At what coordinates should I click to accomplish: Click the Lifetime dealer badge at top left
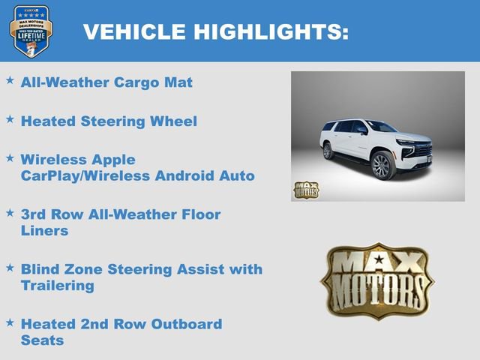point(31,31)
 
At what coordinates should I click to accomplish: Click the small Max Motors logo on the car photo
point(305,190)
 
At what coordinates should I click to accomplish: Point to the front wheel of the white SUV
point(382,166)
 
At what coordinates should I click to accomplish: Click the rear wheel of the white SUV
point(328,151)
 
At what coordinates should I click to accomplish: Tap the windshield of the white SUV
point(382,127)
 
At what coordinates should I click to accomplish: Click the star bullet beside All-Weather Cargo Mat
point(10,79)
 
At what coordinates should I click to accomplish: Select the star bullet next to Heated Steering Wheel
point(10,118)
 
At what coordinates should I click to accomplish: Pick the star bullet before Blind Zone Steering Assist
point(10,266)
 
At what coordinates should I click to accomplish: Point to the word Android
point(200,176)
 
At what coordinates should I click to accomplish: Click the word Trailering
point(58,286)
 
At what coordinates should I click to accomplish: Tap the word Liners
point(45,231)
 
